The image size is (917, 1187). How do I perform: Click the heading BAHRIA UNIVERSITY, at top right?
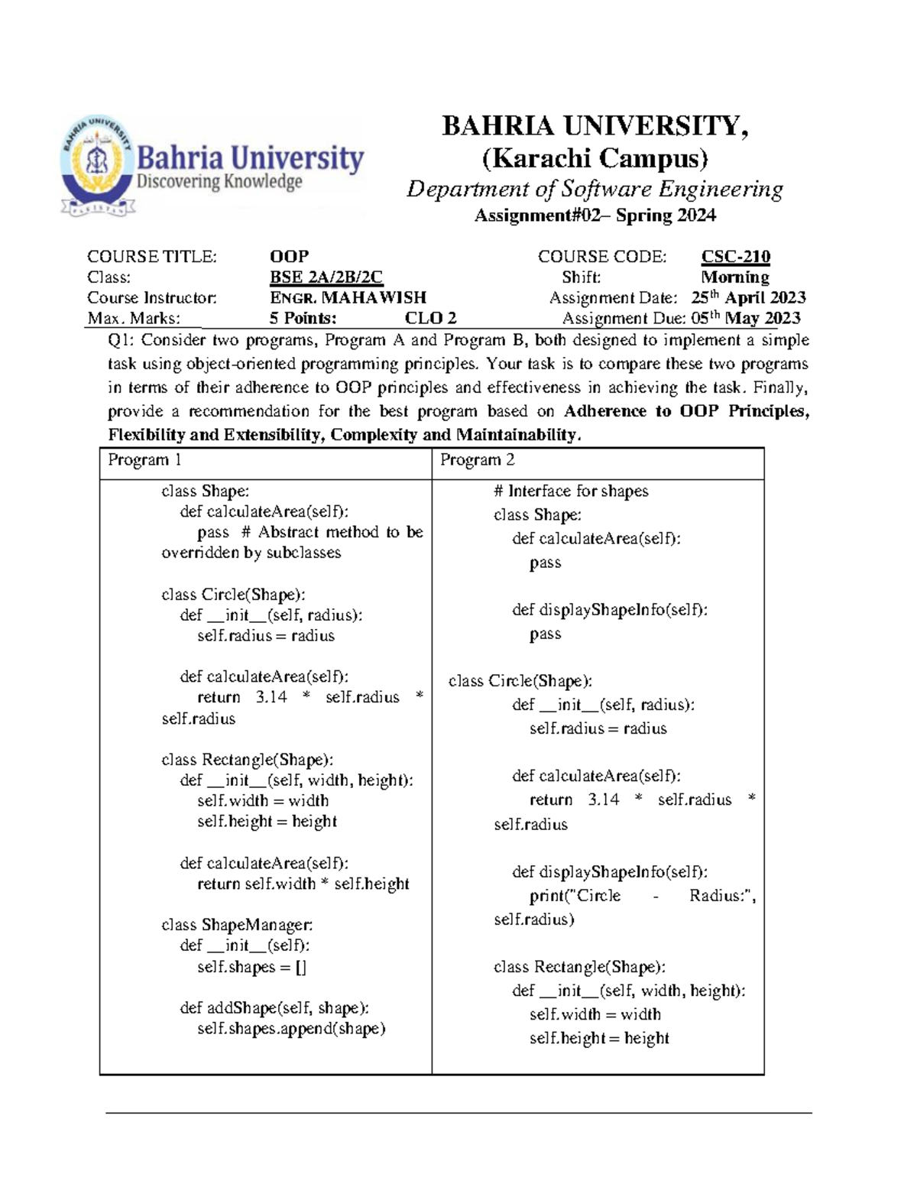(x=595, y=126)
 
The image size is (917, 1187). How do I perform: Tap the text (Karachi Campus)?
(x=595, y=158)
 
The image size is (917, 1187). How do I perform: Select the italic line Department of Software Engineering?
(x=595, y=189)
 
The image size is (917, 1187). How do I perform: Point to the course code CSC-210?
(x=735, y=257)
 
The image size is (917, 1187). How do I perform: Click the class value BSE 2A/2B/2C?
(x=326, y=277)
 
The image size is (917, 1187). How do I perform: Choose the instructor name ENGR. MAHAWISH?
(x=348, y=298)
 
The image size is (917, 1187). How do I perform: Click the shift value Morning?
(x=734, y=277)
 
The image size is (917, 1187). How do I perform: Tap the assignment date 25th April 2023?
(x=748, y=298)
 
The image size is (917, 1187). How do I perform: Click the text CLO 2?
(x=430, y=319)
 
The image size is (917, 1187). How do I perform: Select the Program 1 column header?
(x=144, y=460)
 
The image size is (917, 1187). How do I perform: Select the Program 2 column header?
(x=478, y=460)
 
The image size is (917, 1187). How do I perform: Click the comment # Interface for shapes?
(x=571, y=491)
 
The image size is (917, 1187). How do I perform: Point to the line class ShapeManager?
(x=237, y=926)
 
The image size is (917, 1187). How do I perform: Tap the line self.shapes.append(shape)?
(x=291, y=1029)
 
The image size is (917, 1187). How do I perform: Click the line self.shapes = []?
(x=251, y=967)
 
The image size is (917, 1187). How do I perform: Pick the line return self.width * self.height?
(x=303, y=884)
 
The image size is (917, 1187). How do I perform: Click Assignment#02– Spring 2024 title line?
(x=595, y=216)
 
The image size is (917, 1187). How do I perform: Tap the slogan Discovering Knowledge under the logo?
(x=219, y=182)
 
